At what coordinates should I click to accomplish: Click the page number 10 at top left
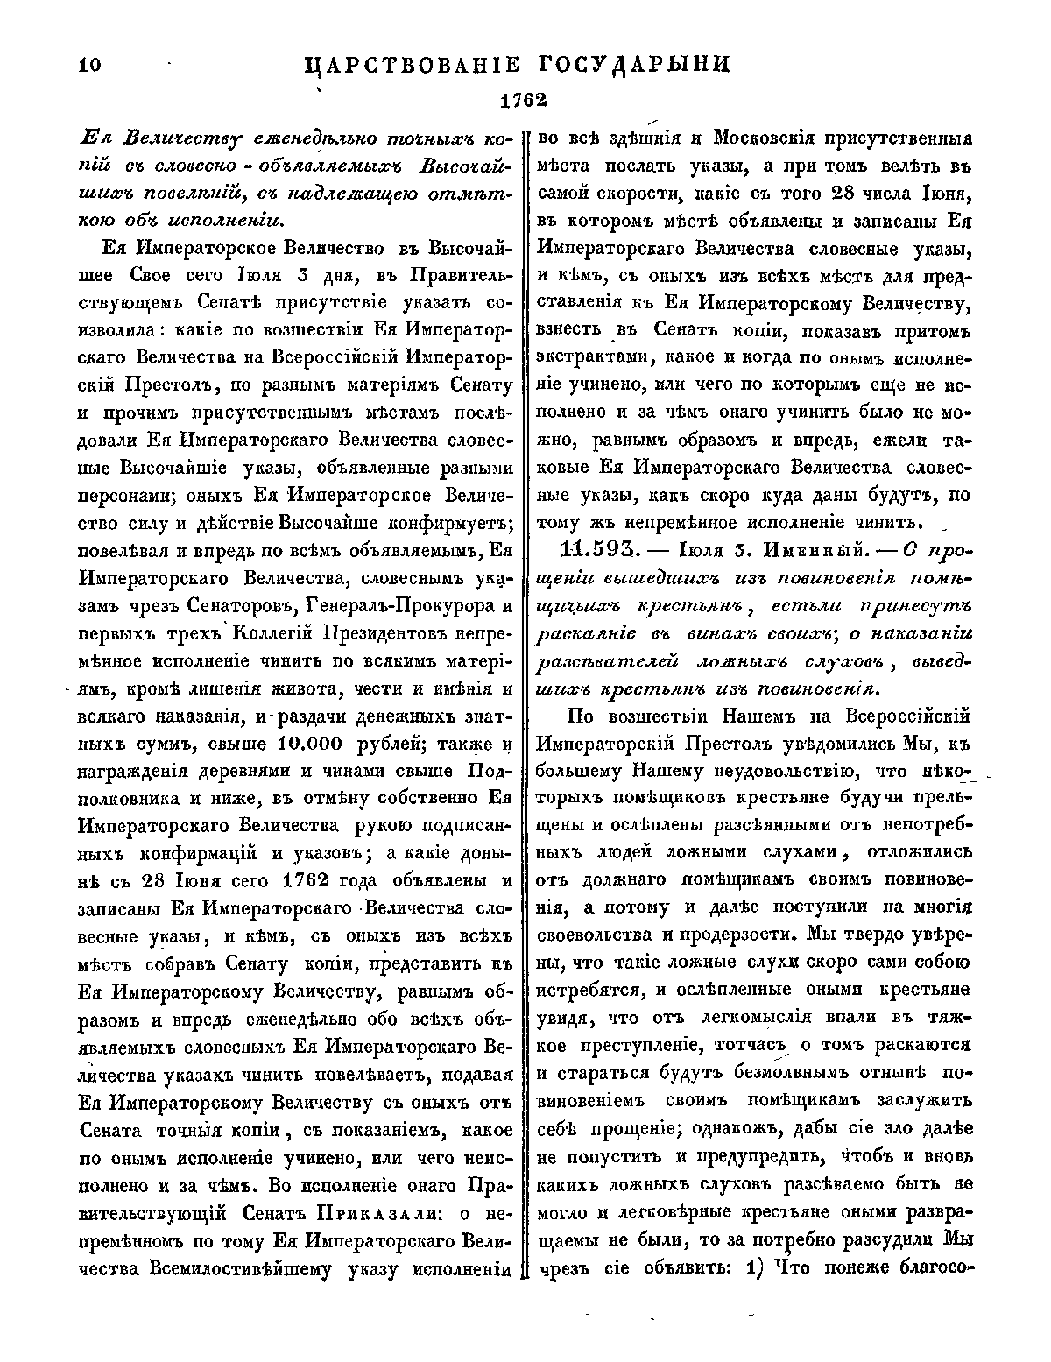pos(89,65)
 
